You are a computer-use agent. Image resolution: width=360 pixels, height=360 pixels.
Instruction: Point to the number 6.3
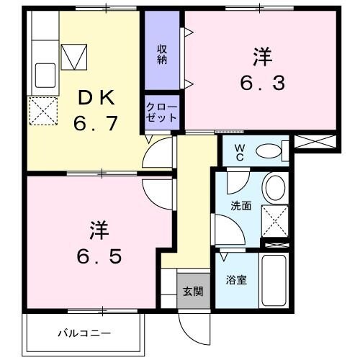pos(262,82)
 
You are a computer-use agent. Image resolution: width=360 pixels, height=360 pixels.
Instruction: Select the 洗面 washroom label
pos(240,205)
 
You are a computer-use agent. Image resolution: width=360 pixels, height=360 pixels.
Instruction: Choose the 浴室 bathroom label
pos(237,279)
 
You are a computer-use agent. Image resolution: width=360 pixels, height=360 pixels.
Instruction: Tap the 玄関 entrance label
pos(192,292)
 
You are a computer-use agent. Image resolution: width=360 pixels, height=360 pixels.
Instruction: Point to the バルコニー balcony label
pos(84,333)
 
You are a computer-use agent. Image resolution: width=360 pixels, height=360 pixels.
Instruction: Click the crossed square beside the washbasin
pos(274,221)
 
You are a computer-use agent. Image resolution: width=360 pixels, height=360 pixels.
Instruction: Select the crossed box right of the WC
pos(315,141)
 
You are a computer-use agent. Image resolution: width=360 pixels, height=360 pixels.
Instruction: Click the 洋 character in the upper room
pos(261,55)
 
